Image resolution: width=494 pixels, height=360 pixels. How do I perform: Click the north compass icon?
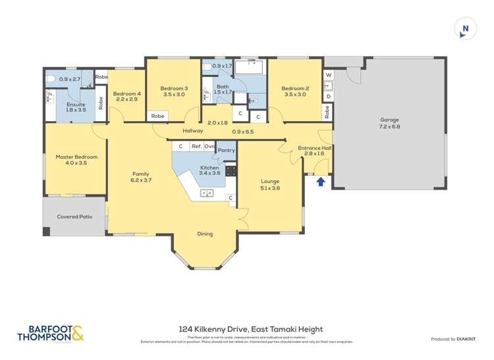point(465,28)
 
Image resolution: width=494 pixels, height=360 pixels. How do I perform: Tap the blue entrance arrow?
point(321,181)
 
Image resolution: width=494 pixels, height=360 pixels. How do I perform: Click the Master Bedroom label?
point(76,157)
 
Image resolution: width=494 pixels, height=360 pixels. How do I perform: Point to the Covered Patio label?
point(74,217)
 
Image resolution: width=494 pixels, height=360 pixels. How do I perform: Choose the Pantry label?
point(226,151)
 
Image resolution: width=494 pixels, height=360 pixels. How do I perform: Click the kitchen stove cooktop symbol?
point(231,170)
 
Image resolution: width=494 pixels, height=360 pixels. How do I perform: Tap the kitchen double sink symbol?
point(207,193)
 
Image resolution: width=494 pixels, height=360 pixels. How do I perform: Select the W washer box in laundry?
point(328,75)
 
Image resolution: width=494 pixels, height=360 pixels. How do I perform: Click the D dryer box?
point(328,96)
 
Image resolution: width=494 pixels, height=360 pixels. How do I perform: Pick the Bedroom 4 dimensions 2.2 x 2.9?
point(126,99)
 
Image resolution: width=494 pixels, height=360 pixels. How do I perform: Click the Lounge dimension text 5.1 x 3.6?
point(270,188)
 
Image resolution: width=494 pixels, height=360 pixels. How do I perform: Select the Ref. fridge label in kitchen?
point(196,146)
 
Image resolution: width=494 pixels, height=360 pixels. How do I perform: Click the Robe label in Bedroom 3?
point(158,116)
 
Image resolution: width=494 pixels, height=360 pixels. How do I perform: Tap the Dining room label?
point(205,234)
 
